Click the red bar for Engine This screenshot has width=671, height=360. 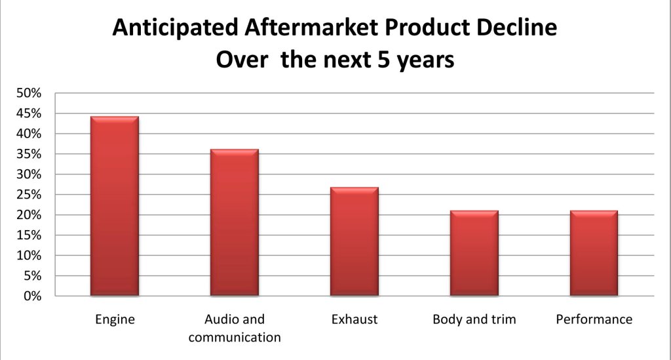pyautogui.click(x=115, y=206)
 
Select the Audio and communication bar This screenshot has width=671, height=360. pyautogui.click(x=235, y=222)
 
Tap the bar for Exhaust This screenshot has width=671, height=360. pyautogui.click(x=355, y=241)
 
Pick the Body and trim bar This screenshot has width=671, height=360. pyautogui.click(x=474, y=253)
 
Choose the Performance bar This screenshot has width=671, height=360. pyautogui.click(x=594, y=253)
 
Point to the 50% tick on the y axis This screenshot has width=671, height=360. pyautogui.click(x=29, y=93)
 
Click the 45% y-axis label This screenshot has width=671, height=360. pyautogui.click(x=29, y=113)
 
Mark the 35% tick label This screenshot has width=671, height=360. pyautogui.click(x=29, y=154)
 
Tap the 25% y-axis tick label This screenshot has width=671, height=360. pyautogui.click(x=29, y=195)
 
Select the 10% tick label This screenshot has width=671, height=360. pyautogui.click(x=29, y=256)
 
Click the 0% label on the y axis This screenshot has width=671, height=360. pyautogui.click(x=32, y=296)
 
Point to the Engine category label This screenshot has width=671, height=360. pyautogui.click(x=115, y=320)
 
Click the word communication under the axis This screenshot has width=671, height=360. pyautogui.click(x=235, y=337)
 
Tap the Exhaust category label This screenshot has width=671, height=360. pyautogui.click(x=355, y=319)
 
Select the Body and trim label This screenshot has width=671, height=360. pyautogui.click(x=474, y=320)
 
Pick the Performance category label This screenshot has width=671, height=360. pyautogui.click(x=594, y=319)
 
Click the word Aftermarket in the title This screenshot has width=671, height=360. pyautogui.click(x=311, y=28)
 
